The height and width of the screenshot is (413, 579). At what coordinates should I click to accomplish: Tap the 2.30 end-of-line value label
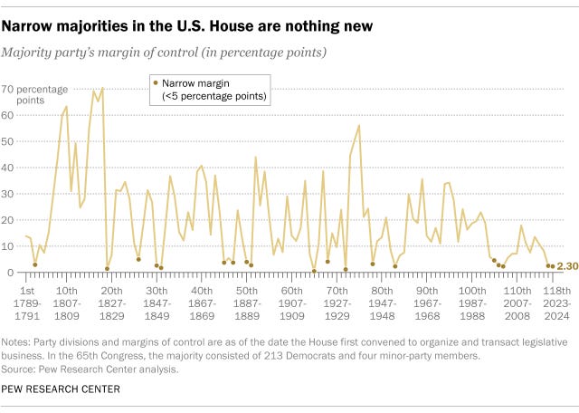pyautogui.click(x=567, y=266)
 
